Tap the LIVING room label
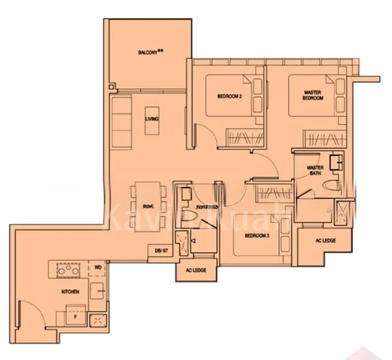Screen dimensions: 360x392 [152, 119]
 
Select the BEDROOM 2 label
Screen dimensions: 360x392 [229, 96]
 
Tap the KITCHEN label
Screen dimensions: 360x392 [70, 292]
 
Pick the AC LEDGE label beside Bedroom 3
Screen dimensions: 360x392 [325, 241]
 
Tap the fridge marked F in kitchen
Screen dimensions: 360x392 [75, 314]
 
